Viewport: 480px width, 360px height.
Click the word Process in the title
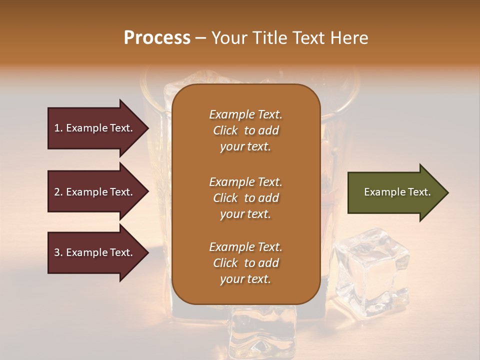click(x=157, y=38)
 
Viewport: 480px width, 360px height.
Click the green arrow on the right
click(x=395, y=192)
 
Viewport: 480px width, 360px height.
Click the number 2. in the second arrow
click(x=58, y=192)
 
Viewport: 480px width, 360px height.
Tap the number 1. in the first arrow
click(x=58, y=128)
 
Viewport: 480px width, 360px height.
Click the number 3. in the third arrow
click(x=58, y=252)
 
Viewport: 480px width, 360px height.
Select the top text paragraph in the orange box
click(x=245, y=130)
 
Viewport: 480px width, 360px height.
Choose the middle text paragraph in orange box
click(x=245, y=198)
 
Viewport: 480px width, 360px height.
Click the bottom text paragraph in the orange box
click(x=245, y=263)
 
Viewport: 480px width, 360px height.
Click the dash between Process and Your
click(x=200, y=38)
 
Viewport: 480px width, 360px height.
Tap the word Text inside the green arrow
click(x=419, y=192)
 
